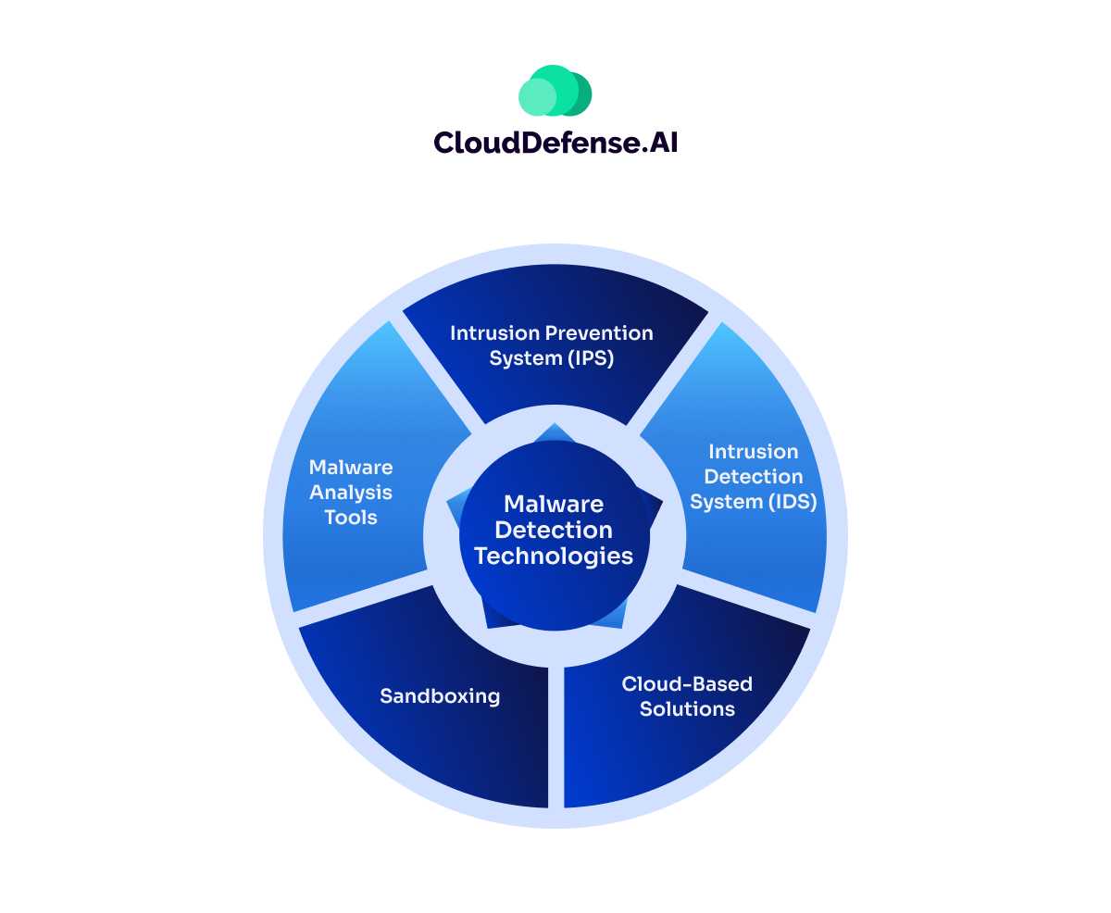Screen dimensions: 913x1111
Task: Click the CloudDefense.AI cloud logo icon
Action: click(555, 91)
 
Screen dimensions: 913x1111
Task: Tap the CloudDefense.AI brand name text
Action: click(555, 142)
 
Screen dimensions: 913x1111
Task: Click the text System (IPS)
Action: click(552, 357)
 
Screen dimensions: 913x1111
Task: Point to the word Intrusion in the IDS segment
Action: click(753, 451)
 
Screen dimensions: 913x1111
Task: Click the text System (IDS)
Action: click(753, 502)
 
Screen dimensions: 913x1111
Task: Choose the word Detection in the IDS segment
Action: click(753, 477)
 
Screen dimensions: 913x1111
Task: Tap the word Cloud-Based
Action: click(686, 683)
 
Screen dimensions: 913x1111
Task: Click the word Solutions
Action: click(686, 709)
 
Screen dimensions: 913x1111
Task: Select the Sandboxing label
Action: click(440, 696)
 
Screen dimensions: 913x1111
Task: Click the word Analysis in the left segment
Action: click(351, 493)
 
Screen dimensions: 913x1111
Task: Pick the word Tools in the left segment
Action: click(351, 518)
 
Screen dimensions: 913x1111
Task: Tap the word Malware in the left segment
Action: click(351, 468)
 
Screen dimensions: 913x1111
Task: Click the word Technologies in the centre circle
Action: click(554, 556)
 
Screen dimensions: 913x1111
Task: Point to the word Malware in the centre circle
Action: click(554, 505)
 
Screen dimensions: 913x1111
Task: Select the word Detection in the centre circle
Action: click(554, 530)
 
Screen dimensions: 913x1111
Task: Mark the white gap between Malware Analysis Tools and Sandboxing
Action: click(361, 602)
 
